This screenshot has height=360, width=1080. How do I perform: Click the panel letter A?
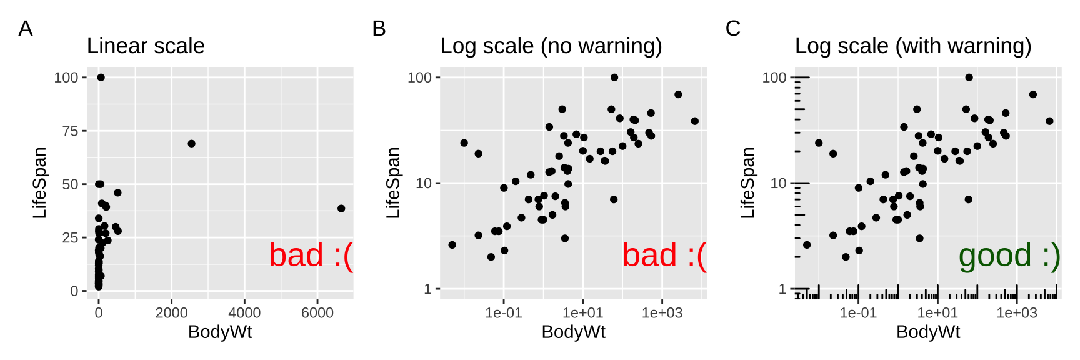point(26,29)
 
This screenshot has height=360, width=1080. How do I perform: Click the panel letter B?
point(379,29)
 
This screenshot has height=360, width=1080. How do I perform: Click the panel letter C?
point(733,29)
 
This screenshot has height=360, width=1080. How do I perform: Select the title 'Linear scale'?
point(146,46)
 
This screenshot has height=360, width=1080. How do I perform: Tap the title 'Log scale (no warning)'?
point(551,46)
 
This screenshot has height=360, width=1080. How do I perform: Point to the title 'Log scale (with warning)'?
point(912,46)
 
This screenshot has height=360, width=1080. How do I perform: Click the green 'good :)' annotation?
point(1009,256)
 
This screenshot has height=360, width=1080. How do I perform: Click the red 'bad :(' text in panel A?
point(311,256)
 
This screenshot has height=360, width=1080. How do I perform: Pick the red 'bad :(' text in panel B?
point(664,256)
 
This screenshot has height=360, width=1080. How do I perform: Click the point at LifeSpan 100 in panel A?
point(101,77)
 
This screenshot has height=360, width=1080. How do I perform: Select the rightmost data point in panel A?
point(341,209)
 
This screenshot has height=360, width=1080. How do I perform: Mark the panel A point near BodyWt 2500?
point(192,144)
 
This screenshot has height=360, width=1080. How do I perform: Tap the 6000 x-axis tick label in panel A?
point(317,312)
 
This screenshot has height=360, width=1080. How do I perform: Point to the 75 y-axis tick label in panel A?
point(71,131)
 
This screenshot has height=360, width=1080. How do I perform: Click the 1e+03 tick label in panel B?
point(662,312)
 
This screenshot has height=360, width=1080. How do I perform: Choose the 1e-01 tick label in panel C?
point(858,312)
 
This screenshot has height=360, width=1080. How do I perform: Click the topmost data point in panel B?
point(614,77)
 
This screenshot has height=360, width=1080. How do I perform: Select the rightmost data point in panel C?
point(1049,121)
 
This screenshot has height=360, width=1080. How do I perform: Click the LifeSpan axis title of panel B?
point(393,182)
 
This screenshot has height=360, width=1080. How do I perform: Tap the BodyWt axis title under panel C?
point(928,332)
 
